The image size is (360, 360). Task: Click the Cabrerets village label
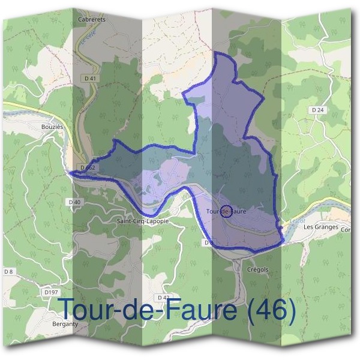(x=92, y=19)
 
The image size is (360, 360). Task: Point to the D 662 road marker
(x=88, y=167)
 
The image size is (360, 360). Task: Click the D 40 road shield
(x=74, y=202)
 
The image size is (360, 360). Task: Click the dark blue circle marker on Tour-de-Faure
(x=226, y=211)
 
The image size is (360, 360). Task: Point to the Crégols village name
(x=257, y=269)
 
